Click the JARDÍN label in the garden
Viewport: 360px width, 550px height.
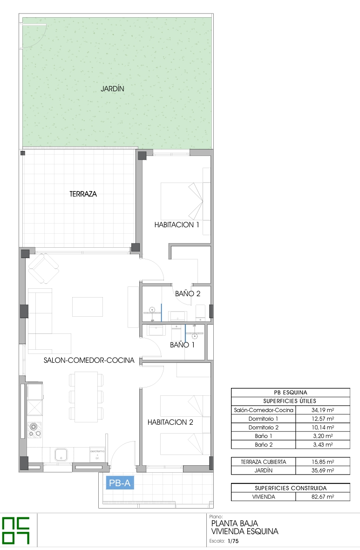tap(112, 88)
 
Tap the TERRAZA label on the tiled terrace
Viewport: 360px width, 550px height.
tap(83, 194)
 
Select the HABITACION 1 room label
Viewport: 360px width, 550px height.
tap(177, 225)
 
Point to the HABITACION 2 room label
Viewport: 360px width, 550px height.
tap(170, 422)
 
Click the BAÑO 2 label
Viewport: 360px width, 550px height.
tap(188, 293)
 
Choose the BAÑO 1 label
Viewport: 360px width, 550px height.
tap(182, 345)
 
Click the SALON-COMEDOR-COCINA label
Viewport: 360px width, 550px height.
tap(89, 360)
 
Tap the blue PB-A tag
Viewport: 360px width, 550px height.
tap(120, 483)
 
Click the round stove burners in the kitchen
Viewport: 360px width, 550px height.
tap(34, 430)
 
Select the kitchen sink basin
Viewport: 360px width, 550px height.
tap(62, 455)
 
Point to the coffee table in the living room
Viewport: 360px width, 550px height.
tap(88, 307)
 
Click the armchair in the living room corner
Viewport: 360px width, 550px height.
tap(43, 269)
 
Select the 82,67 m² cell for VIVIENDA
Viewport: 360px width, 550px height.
tap(323, 497)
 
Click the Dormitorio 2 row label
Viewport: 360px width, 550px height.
tap(264, 427)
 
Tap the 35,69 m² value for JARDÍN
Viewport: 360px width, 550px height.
tap(323, 470)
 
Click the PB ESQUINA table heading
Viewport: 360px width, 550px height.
tap(291, 393)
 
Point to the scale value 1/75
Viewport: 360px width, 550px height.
tap(233, 541)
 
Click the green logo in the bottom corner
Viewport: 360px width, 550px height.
tap(16, 531)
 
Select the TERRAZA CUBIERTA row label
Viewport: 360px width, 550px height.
tap(264, 462)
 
